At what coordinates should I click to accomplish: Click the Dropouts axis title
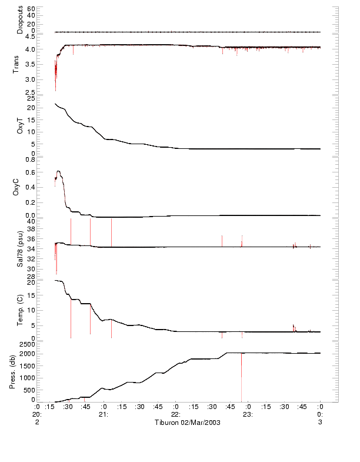click(20, 20)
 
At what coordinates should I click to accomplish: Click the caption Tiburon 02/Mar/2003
click(187, 423)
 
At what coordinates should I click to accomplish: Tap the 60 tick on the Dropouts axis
click(31, 9)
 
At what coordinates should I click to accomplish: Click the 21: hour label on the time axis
click(104, 414)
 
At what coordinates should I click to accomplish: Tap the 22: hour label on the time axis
click(175, 414)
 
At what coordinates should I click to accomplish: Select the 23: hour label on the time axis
click(248, 414)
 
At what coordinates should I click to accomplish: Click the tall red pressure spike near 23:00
click(241, 377)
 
